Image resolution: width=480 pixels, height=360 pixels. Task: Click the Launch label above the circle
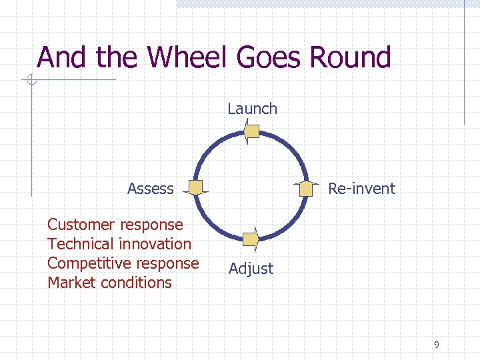coord(252,109)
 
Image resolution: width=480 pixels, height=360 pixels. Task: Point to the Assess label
coord(150,189)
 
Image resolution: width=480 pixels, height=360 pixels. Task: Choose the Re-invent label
coord(361,189)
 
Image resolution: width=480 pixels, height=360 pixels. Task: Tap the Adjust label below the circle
coord(251,269)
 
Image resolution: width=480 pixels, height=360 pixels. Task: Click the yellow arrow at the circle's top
coord(251,131)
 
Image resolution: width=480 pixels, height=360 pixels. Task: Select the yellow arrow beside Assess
coord(196,189)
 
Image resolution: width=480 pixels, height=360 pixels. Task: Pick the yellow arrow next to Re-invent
coord(306,189)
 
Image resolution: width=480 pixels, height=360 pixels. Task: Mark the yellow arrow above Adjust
coord(251,238)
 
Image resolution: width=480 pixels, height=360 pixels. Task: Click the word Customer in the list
coord(79,225)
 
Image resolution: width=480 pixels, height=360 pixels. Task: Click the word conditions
coord(136,283)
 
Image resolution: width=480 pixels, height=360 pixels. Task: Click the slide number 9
coord(436,345)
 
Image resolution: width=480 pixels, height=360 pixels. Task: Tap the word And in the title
coord(63,57)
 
